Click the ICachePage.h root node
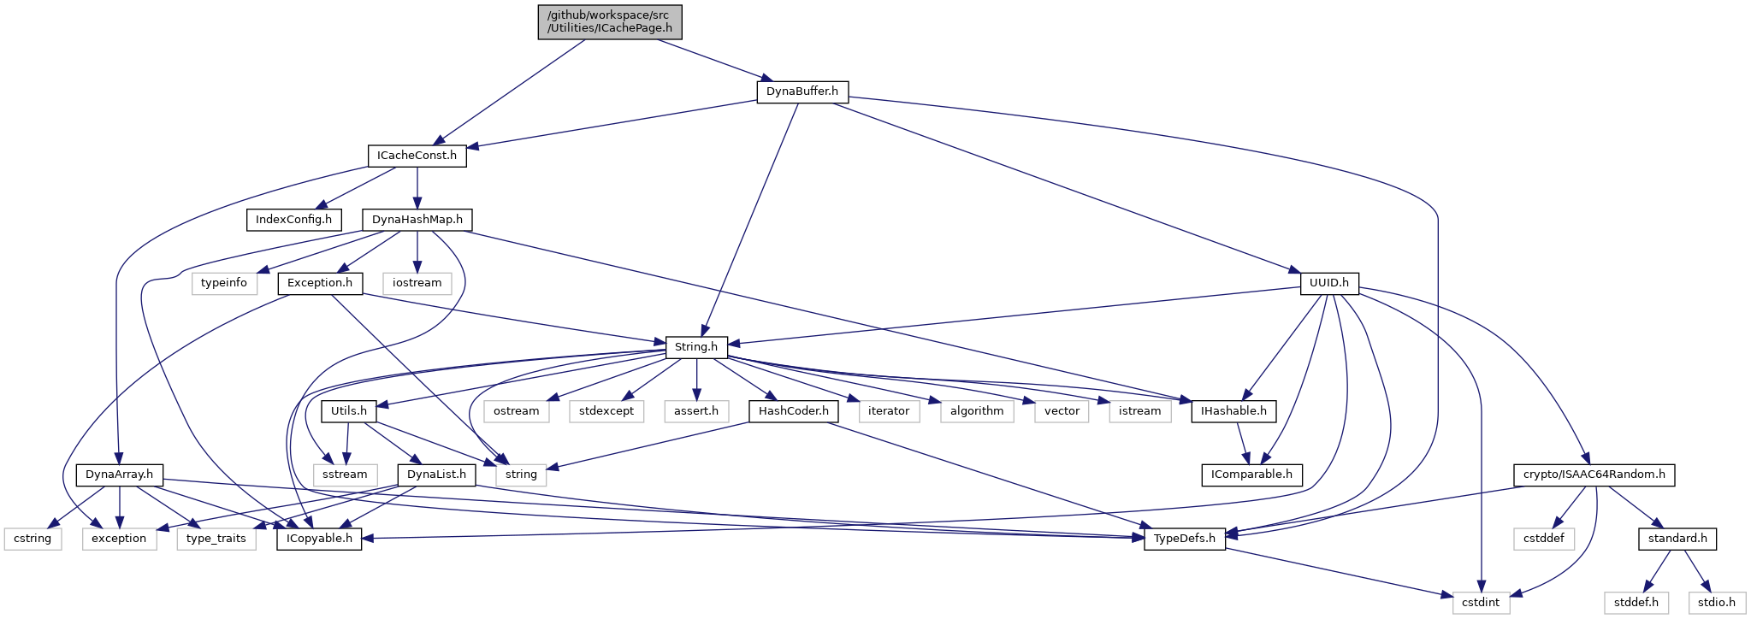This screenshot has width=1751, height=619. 610,21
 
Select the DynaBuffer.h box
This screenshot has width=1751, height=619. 802,91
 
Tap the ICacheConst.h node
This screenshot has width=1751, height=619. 417,156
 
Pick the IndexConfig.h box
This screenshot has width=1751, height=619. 293,220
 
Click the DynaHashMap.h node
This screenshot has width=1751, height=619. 417,220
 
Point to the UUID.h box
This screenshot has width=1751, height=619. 1328,283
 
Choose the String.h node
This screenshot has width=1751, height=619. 696,347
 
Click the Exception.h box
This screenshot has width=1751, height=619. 320,283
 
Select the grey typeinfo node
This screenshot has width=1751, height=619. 224,283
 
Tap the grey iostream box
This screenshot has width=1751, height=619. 417,283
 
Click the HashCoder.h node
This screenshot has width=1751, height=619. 794,411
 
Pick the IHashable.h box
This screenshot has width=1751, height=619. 1233,411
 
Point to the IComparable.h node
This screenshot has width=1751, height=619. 1251,475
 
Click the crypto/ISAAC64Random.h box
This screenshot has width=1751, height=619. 1594,475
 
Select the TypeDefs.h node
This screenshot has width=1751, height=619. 1185,539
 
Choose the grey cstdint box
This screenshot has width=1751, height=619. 1481,602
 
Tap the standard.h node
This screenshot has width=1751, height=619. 1677,539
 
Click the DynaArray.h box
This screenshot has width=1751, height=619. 120,475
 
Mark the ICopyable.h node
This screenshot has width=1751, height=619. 319,539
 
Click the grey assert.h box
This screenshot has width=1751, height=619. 696,411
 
